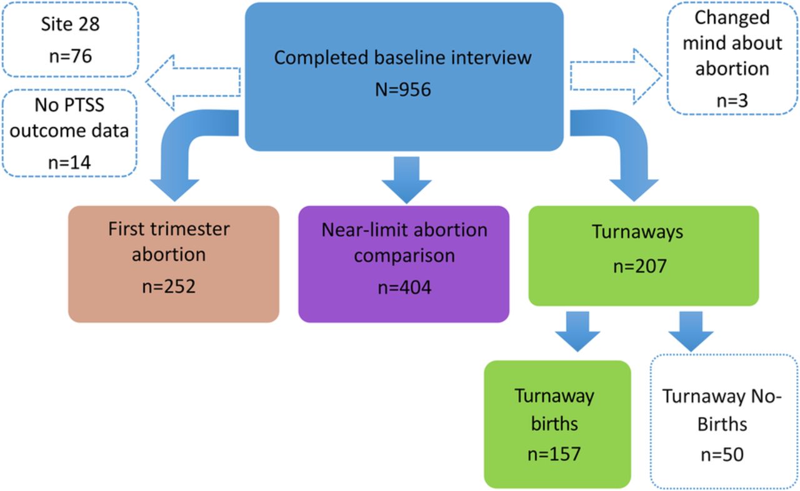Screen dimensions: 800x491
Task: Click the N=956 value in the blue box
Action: point(403,89)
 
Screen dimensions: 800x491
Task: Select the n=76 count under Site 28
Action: point(71,56)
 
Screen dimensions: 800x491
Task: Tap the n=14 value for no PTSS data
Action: point(69,162)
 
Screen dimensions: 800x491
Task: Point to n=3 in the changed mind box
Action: point(732,101)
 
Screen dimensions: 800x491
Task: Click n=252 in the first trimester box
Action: point(169,287)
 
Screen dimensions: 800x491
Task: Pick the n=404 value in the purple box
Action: point(404,287)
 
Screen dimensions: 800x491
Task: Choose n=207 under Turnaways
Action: point(639,266)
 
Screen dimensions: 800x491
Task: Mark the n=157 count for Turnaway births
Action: point(554,454)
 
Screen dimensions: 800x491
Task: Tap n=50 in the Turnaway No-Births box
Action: point(722,455)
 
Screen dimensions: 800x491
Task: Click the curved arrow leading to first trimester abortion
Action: point(179,142)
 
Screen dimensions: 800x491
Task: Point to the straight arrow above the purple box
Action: point(407,180)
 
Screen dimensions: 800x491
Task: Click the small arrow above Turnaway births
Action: point(577,332)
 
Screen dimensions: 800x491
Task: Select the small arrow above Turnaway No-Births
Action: point(691,332)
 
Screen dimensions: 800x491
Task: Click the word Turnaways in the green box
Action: point(637,232)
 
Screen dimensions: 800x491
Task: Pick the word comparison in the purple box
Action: point(404,256)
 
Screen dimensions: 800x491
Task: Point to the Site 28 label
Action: point(71,24)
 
